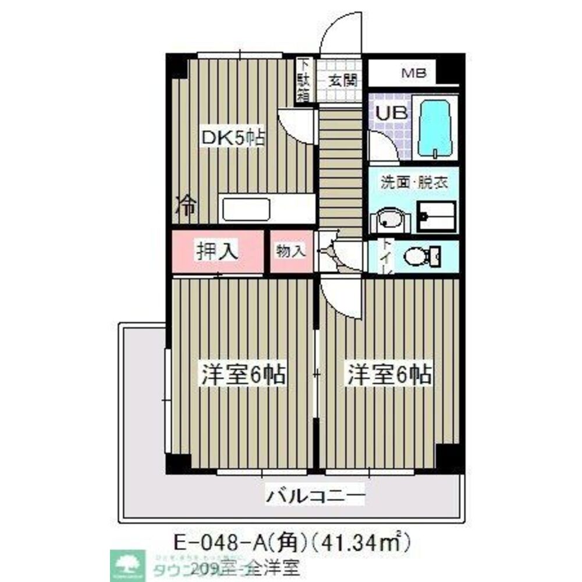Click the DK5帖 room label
(233, 138)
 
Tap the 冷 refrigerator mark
(186, 205)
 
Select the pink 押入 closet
(217, 251)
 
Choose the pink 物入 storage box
(291, 251)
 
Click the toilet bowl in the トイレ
(421, 255)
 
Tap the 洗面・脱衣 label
(414, 181)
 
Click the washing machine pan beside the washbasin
(437, 217)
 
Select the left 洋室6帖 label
(243, 374)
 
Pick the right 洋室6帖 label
(389, 374)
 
